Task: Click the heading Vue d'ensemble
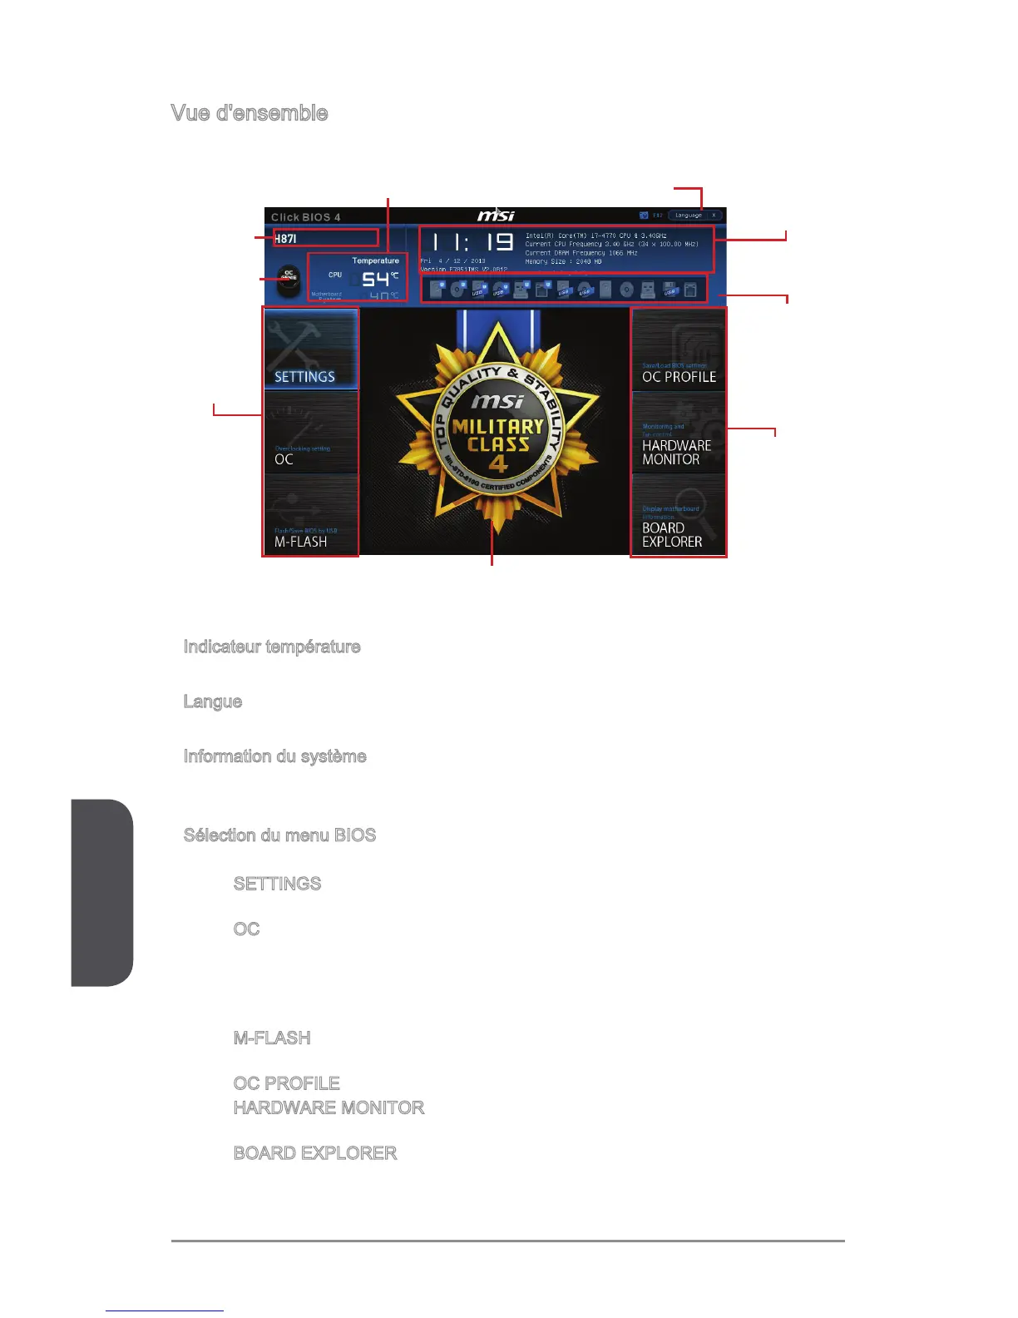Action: coord(250,113)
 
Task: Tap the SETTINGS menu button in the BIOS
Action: coord(310,350)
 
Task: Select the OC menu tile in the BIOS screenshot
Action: coord(310,433)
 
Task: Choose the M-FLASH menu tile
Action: coord(310,515)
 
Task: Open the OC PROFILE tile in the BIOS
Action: coord(678,350)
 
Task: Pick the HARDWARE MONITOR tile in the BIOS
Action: coord(678,433)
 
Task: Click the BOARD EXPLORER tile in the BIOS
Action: coord(678,515)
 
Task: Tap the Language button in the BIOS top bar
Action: coord(689,216)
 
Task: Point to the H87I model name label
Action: coord(286,239)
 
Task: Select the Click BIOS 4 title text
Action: coord(306,217)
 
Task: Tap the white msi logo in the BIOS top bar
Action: coord(496,216)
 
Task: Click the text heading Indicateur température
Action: coord(272,647)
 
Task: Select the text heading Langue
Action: coord(213,701)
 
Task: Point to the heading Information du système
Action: coord(275,756)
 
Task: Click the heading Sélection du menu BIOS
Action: coord(279,835)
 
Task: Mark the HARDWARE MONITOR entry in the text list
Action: coord(329,1107)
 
